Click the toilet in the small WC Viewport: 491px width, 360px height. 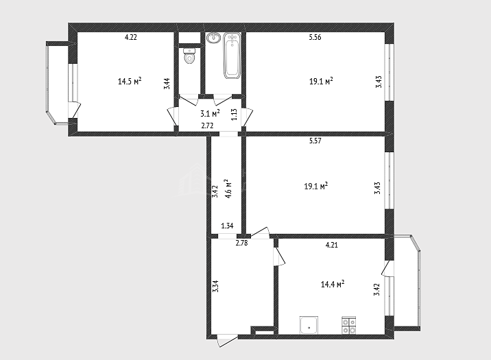click(x=189, y=56)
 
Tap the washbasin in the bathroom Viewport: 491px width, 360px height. click(x=214, y=38)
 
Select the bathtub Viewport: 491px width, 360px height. click(x=232, y=56)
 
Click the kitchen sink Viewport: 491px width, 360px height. click(x=309, y=325)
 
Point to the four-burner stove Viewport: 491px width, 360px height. click(x=349, y=326)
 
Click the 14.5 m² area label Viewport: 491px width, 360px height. click(x=130, y=81)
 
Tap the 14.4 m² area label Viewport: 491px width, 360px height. click(x=333, y=284)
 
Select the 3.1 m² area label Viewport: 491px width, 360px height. click(x=210, y=112)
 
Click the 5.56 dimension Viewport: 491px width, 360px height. click(x=315, y=37)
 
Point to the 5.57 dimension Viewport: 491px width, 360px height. click(x=315, y=141)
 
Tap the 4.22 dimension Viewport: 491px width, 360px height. click(x=131, y=37)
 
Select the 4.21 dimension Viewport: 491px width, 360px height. click(x=332, y=245)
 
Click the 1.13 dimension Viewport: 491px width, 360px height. click(x=234, y=115)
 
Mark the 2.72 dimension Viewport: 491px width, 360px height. click(x=207, y=126)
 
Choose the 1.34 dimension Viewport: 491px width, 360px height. click(x=227, y=226)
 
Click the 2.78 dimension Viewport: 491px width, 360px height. click(x=242, y=243)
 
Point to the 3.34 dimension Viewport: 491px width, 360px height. click(x=215, y=286)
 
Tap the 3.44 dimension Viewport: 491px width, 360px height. click(x=167, y=84)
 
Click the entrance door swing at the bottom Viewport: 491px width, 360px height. click(x=228, y=340)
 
